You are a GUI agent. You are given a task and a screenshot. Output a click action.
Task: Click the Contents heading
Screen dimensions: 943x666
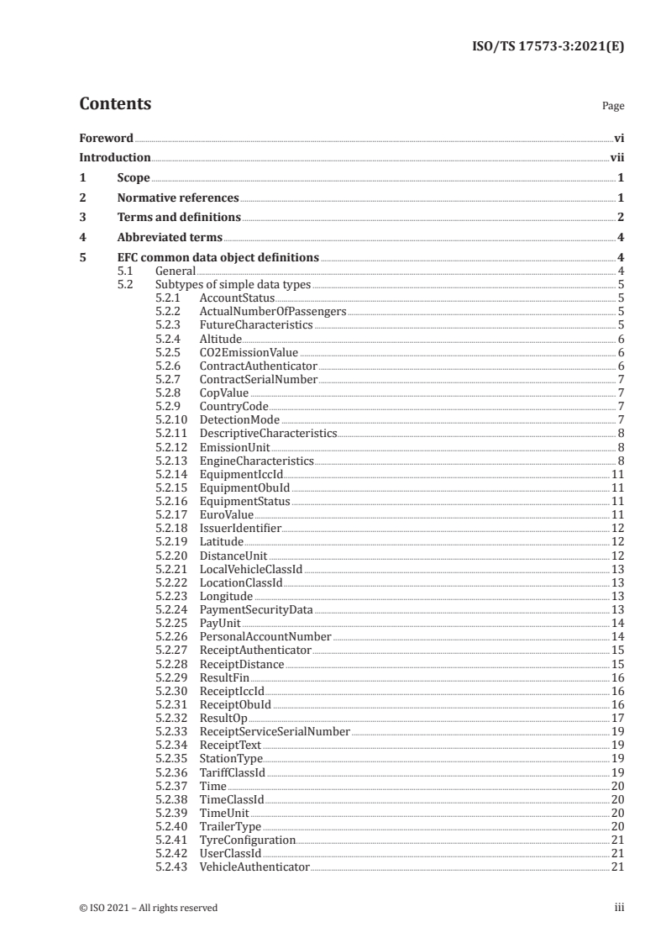[x=115, y=104]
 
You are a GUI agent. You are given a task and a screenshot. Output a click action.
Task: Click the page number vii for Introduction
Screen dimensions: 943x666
[x=616, y=157]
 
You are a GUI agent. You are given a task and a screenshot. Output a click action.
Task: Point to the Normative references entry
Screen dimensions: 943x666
[x=178, y=198]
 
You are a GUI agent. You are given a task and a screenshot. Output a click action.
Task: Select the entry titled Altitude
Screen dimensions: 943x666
[x=221, y=339]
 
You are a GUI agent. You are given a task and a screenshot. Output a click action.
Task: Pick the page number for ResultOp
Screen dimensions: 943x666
[x=617, y=718]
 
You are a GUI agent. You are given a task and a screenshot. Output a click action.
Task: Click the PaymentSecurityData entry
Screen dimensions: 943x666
[x=255, y=609]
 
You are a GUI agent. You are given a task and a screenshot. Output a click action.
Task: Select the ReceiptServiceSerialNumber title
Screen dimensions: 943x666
[x=275, y=731]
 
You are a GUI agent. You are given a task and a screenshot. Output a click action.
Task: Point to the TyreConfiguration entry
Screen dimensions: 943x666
[x=247, y=840]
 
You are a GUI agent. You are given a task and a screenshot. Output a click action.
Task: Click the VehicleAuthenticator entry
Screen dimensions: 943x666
[x=254, y=867]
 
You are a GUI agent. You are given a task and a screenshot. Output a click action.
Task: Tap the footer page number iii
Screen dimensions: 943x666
[x=619, y=908]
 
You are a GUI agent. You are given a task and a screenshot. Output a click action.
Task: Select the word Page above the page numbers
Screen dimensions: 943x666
[x=613, y=107]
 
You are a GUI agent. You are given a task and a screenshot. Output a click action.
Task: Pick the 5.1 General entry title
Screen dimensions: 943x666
[x=175, y=271]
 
